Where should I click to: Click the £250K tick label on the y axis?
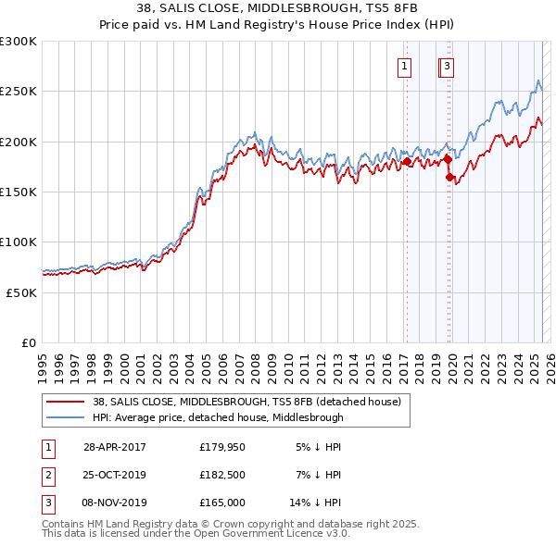pyautogui.click(x=19, y=92)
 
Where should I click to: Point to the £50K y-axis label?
pyautogui.click(x=21, y=292)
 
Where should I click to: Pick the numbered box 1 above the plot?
pyautogui.click(x=406, y=66)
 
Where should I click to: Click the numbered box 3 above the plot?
pyautogui.click(x=447, y=66)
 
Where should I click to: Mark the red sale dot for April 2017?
pyautogui.click(x=407, y=162)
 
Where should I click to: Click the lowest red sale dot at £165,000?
pyautogui.click(x=449, y=177)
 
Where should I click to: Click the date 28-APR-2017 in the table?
pyautogui.click(x=114, y=447)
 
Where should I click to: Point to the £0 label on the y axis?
pyautogui.click(x=28, y=342)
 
